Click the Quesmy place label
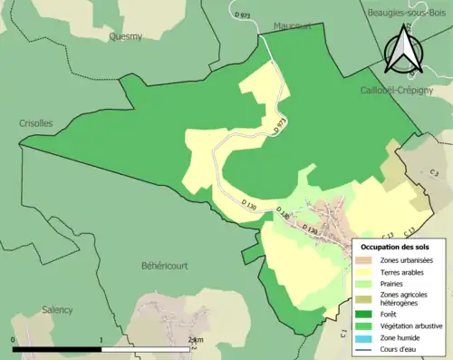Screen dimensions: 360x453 pos(125,37)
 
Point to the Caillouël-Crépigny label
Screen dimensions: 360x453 pos(400,91)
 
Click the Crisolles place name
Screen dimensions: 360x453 pos(35,123)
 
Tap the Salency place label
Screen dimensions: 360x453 pos(56,309)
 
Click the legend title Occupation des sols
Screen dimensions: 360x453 pos(395,247)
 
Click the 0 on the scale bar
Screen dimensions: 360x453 pos(14,340)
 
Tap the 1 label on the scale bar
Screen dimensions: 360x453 pos(101,340)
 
